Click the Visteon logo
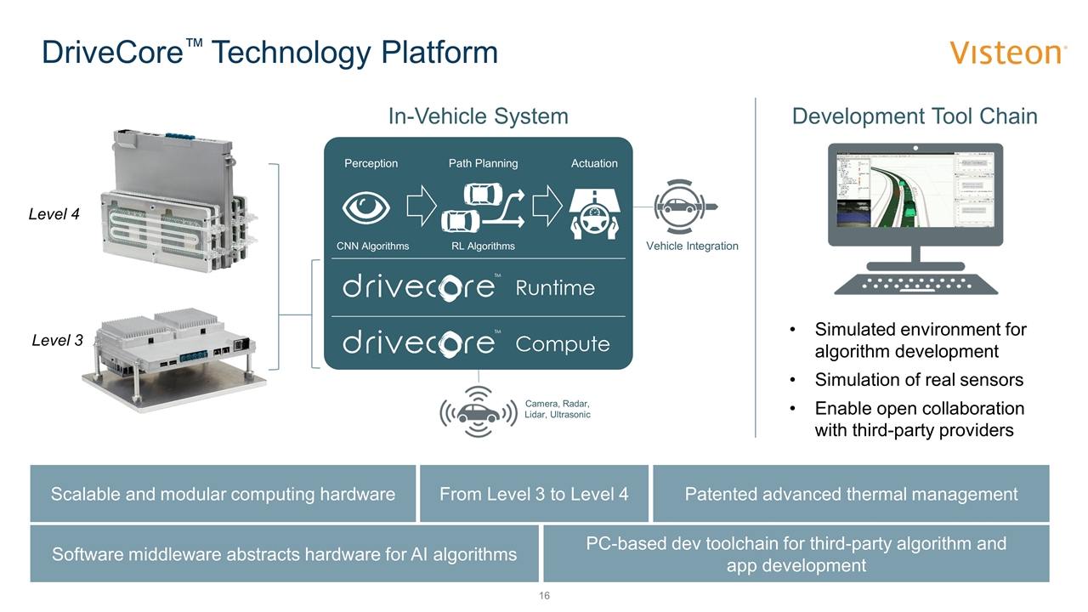[1008, 53]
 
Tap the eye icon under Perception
[366, 207]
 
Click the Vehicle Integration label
[692, 246]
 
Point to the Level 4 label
[54, 215]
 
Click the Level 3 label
[58, 341]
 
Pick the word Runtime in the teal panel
[555, 287]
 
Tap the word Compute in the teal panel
[563, 344]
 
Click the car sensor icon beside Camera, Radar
[478, 413]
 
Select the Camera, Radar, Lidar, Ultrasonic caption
[558, 409]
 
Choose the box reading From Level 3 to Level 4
[534, 494]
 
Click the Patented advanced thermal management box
[851, 494]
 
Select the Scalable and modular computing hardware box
[223, 494]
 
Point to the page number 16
[544, 596]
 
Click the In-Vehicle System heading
[479, 116]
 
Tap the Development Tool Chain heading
[915, 116]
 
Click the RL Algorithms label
[483, 246]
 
